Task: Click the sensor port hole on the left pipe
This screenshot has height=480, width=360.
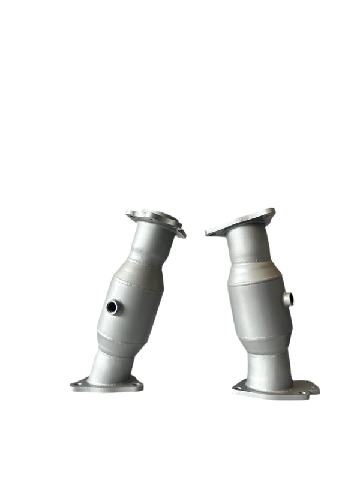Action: click(112, 308)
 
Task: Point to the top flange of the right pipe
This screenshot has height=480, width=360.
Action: click(240, 223)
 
